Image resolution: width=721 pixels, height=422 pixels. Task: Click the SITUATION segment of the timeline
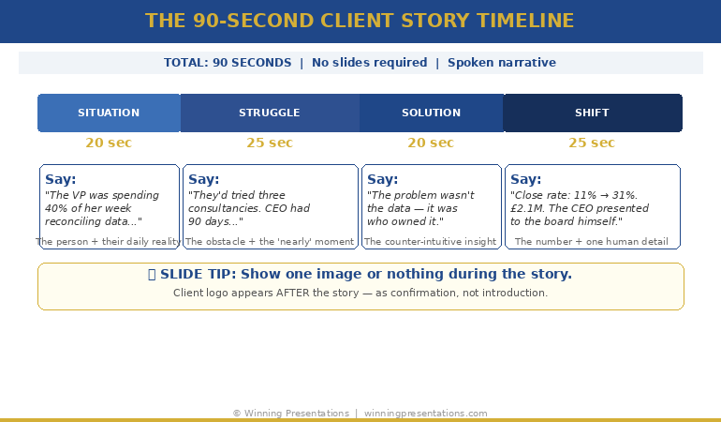pos(109,113)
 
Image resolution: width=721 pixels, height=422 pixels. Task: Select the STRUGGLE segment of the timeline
pos(270,113)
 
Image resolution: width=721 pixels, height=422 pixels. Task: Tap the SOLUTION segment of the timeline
pos(431,113)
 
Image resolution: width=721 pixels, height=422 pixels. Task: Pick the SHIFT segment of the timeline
pos(592,113)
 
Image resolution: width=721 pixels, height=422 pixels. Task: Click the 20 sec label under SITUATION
pos(109,143)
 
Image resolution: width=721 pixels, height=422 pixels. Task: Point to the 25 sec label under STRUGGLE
pos(270,143)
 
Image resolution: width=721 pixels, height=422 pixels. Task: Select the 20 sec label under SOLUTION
pos(431,143)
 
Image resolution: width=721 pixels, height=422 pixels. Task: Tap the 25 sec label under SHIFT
pos(592,143)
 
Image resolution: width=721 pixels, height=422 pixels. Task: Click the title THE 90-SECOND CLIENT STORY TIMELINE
pos(360,21)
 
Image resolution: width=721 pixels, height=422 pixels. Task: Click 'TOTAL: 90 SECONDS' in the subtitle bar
pos(228,63)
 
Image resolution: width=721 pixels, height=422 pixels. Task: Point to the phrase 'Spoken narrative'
pos(501,63)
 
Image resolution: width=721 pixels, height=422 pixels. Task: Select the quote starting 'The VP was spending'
pos(102,208)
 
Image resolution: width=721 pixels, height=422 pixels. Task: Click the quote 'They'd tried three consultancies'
pos(248,208)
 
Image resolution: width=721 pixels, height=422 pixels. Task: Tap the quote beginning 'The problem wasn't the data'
pos(420,208)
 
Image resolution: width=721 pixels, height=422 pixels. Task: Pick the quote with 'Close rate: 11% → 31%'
pos(580,208)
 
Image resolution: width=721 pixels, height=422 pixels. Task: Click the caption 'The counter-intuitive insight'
pos(431,242)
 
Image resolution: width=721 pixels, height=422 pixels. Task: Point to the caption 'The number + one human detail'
pos(592,242)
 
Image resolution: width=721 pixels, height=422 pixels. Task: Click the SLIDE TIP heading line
pos(360,275)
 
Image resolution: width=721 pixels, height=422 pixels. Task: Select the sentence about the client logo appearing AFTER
pos(360,293)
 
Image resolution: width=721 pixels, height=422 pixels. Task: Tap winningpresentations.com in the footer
pos(425,414)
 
